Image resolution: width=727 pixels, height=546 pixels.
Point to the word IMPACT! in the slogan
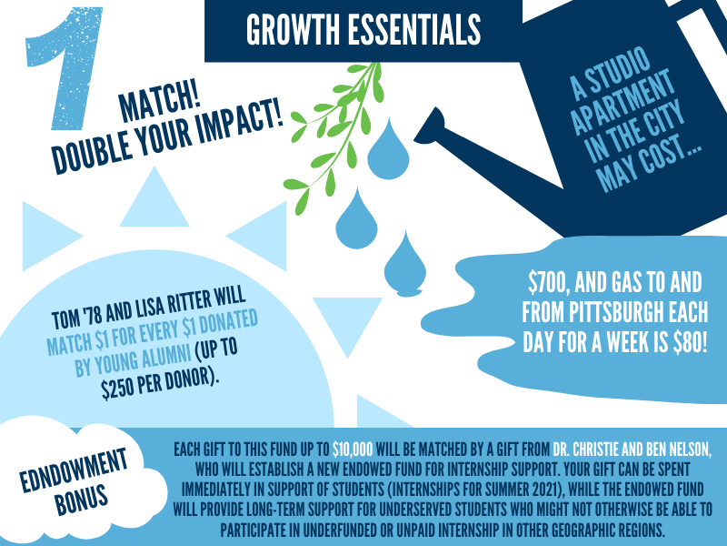[240, 122]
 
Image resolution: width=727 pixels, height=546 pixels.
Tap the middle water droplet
[356, 218]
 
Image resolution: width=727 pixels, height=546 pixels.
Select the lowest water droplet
[405, 264]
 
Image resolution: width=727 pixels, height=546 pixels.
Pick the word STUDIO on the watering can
[617, 70]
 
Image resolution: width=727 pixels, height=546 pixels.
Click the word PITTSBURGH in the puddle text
[616, 312]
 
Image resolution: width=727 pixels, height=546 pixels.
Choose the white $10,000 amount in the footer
[353, 450]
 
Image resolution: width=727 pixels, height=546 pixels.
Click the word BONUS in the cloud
[82, 499]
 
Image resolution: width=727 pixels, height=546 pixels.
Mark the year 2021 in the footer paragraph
[551, 490]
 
